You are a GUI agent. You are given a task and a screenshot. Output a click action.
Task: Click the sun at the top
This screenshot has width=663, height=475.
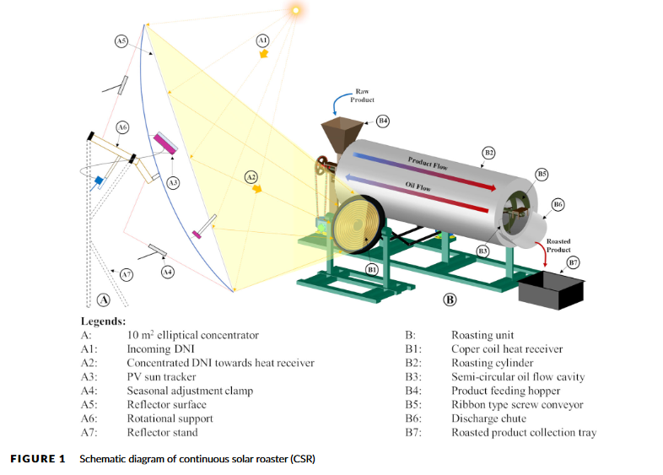coord(295,10)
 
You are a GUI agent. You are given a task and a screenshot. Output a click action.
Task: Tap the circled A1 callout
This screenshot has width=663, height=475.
coord(262,39)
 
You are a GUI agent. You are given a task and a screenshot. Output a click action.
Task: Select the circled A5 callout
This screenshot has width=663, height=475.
coord(121,40)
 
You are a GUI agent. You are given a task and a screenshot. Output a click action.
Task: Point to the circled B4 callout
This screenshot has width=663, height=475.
coord(382,121)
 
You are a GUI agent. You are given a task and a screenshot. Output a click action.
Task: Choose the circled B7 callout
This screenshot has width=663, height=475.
coord(574,263)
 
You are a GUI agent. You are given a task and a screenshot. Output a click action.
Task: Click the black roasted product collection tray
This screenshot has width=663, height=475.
coord(552,291)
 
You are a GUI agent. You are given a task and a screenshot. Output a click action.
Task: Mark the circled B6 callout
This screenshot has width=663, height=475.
coord(558,204)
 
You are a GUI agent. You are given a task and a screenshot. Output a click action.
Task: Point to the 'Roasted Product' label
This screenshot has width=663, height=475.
coord(558,246)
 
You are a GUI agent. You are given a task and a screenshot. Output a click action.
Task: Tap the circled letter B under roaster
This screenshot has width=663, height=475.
coord(450,299)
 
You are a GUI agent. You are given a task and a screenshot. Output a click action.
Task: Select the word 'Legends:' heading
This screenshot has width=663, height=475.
coord(103,321)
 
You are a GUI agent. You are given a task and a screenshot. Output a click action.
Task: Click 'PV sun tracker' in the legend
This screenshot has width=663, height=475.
coord(162,376)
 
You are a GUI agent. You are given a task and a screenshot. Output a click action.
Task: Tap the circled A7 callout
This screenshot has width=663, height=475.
coord(126,274)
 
